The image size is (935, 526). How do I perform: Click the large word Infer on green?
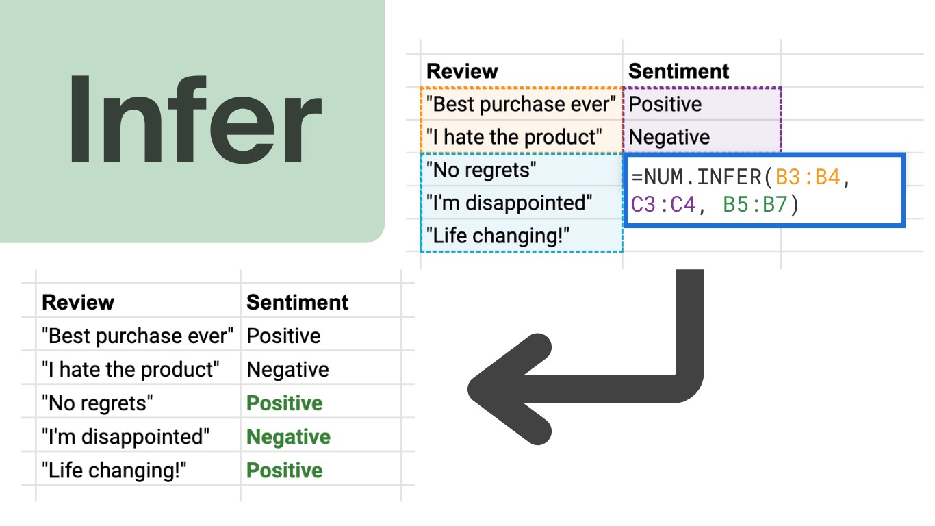click(x=194, y=121)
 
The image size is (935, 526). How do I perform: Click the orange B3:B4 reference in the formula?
click(x=807, y=177)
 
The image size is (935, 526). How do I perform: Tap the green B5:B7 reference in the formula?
click(x=755, y=205)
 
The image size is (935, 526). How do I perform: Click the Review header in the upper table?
click(x=462, y=71)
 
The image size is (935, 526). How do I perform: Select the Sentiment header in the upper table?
click(x=678, y=71)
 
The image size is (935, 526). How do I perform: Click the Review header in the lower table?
click(x=78, y=302)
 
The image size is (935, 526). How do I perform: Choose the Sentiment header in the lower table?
click(x=297, y=302)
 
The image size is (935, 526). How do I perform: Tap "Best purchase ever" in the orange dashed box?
click(x=521, y=104)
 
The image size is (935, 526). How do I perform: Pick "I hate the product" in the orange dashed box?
click(x=514, y=137)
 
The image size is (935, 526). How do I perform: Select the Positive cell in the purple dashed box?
click(x=665, y=104)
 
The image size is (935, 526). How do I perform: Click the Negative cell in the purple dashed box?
click(x=669, y=137)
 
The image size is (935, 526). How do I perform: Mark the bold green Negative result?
click(x=288, y=437)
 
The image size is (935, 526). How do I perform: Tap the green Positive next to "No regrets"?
click(x=284, y=403)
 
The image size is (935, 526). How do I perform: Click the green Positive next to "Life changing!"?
click(x=284, y=471)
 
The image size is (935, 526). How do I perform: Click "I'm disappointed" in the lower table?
click(x=125, y=437)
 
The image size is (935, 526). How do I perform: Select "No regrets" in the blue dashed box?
click(x=481, y=170)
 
